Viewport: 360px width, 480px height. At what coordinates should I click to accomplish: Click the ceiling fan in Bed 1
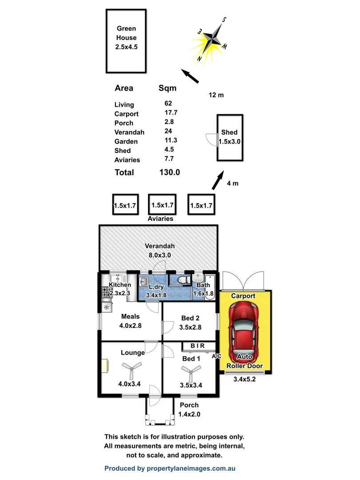click(191, 370)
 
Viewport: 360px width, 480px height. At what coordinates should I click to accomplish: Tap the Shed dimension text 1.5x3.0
click(229, 141)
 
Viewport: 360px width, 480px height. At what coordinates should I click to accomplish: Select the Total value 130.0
click(169, 172)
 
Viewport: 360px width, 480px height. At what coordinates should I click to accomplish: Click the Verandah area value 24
click(168, 132)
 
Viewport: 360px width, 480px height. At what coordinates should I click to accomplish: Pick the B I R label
click(197, 345)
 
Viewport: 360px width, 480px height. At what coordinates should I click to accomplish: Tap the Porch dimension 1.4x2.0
click(189, 414)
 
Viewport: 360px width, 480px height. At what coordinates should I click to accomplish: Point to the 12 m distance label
click(216, 95)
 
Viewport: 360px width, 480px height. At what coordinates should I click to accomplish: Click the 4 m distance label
click(233, 183)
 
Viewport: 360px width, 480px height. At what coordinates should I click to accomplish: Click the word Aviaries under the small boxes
click(160, 219)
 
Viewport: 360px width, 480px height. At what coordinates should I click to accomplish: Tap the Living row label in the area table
click(124, 105)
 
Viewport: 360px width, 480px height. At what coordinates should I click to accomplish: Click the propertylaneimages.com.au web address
click(192, 468)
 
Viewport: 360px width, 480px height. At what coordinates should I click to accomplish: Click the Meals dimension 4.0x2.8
click(130, 326)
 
